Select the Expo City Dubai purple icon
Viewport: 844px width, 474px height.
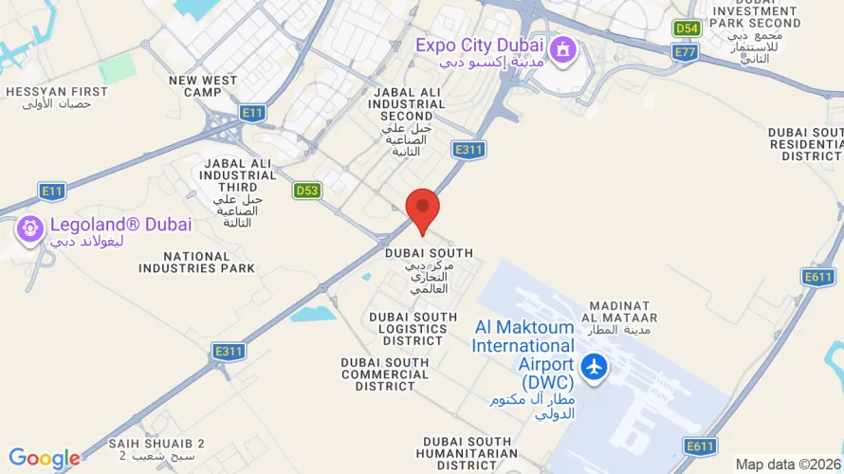pyautogui.click(x=563, y=48)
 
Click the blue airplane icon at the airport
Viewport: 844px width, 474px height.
pyautogui.click(x=595, y=365)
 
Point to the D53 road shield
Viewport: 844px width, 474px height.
pyautogui.click(x=307, y=191)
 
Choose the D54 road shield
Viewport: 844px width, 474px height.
pyautogui.click(x=687, y=28)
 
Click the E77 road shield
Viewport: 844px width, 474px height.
pyautogui.click(x=685, y=52)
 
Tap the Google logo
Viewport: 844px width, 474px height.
pyautogui.click(x=44, y=460)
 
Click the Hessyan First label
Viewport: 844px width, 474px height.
pyautogui.click(x=57, y=97)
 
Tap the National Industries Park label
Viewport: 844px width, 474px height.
pyautogui.click(x=196, y=263)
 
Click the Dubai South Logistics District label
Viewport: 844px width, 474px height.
pyautogui.click(x=408, y=329)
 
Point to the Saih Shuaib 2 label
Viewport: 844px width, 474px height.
pyautogui.click(x=156, y=449)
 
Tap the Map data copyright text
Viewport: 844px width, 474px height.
pyautogui.click(x=788, y=464)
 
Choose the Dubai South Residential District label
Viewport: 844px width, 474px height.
pyautogui.click(x=805, y=144)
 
